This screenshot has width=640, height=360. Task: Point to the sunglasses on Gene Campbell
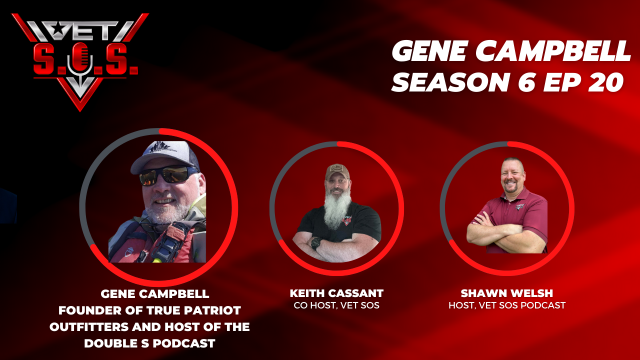[167, 174]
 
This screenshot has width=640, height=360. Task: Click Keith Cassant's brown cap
[337, 171]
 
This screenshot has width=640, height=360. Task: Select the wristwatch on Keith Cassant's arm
[316, 243]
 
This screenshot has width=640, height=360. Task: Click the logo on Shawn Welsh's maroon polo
[520, 206]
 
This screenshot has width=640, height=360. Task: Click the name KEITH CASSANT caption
[336, 293]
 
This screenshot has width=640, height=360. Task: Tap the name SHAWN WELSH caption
[507, 293]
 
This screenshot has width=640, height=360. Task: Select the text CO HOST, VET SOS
[336, 305]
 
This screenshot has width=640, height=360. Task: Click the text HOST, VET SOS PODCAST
[507, 305]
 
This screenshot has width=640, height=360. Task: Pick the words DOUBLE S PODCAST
[149, 343]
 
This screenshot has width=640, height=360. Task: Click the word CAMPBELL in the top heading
[553, 51]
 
